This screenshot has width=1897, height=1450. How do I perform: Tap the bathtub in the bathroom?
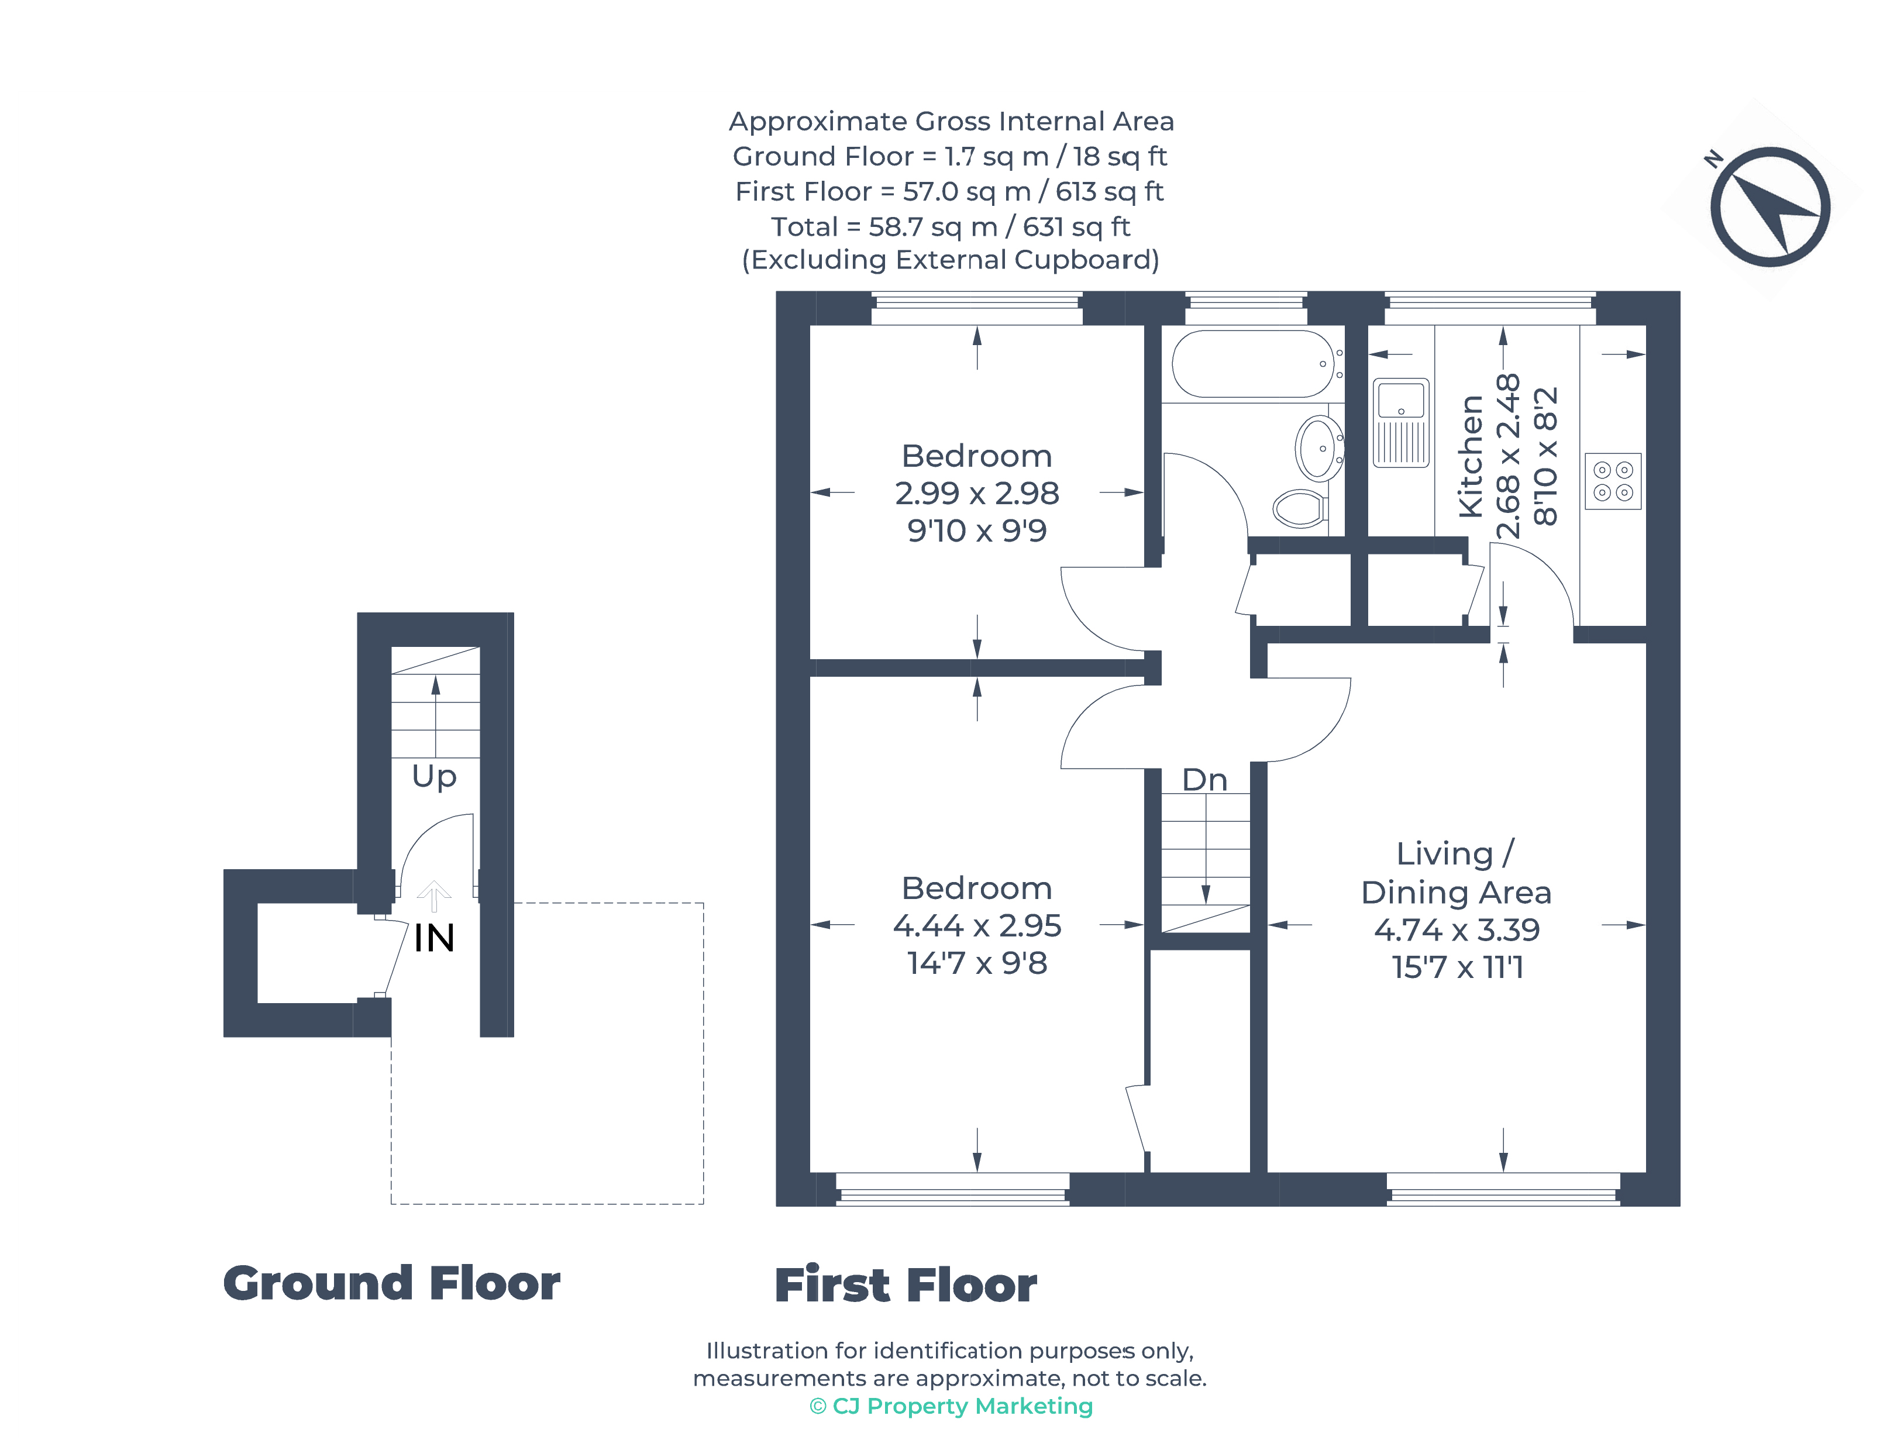1252,363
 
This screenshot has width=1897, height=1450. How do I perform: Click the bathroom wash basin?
1318,448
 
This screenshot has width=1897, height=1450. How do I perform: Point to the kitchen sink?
1401,422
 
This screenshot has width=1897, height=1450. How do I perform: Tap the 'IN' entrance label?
434,938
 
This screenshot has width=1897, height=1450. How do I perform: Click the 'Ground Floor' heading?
392,1283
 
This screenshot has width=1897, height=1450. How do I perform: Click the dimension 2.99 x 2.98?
977,493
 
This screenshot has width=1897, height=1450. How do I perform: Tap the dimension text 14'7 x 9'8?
977,962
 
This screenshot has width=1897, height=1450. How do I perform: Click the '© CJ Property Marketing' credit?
951,1406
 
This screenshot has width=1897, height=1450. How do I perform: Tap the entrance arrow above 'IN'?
434,896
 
